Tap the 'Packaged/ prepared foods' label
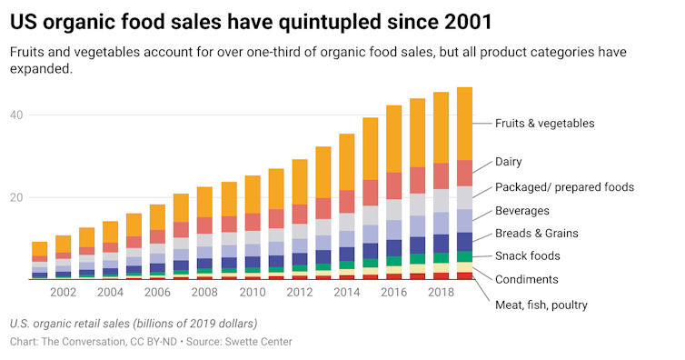coord(563,187)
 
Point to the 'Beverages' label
coord(522,211)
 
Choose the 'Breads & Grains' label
coord(536,234)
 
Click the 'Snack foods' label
coord(527,256)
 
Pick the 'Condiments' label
coord(526,279)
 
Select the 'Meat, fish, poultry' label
coord(541,304)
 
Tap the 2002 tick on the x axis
coord(64,293)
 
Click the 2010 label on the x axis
coord(252,293)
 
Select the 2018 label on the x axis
coord(441,293)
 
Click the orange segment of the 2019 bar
coord(464,124)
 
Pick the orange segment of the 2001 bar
coord(40,248)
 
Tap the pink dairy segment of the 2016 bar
coord(393,185)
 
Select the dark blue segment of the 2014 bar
coord(346,254)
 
